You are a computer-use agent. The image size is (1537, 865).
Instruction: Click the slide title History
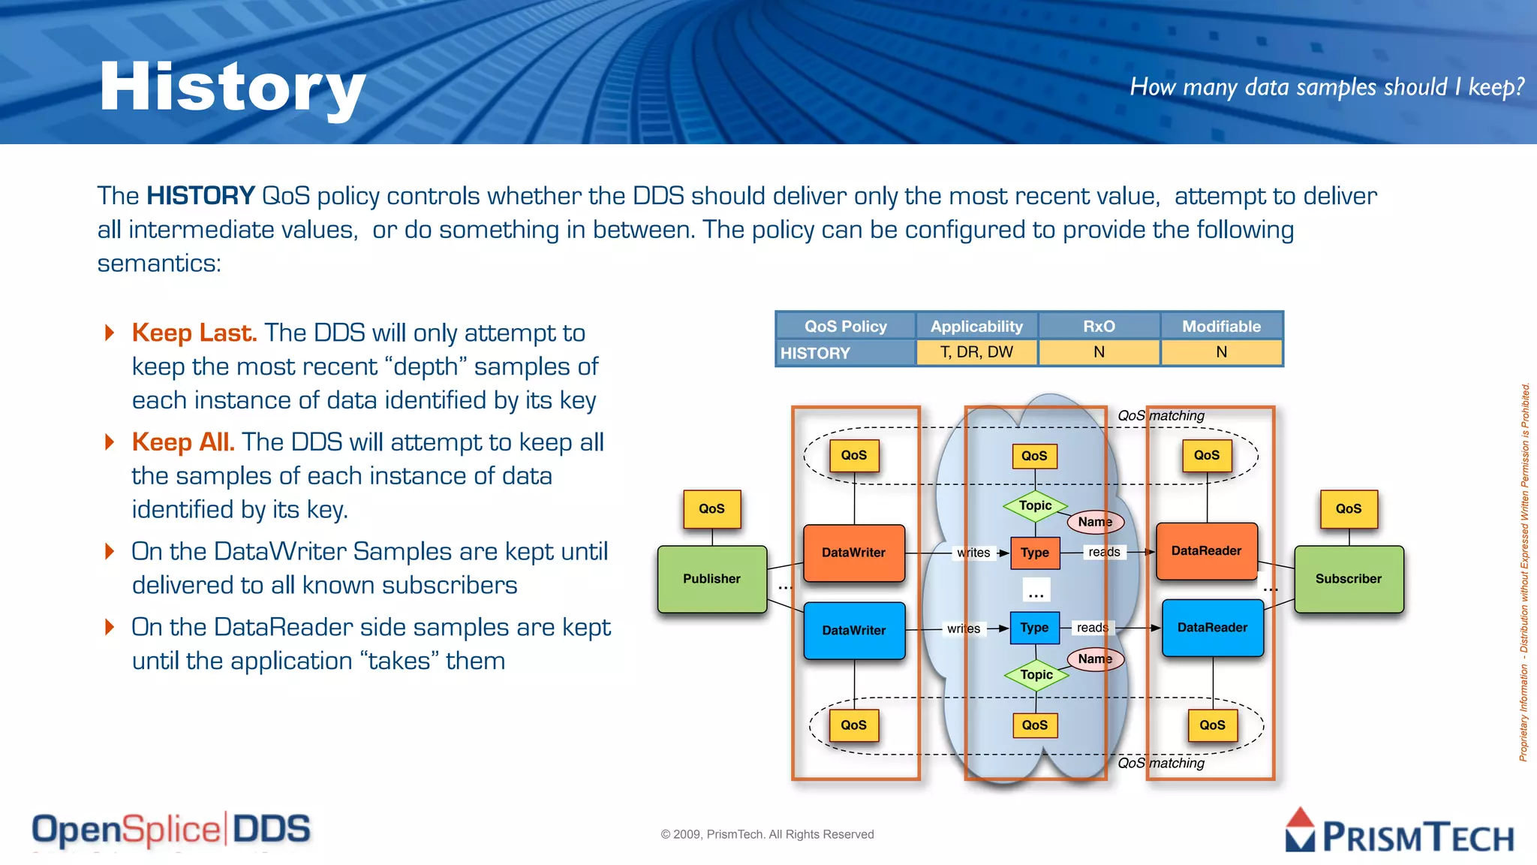point(232,88)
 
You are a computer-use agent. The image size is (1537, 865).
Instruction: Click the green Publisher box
point(711,579)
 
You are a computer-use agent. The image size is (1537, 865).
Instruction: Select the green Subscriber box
point(1348,579)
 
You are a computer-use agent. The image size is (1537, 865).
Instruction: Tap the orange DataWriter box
point(853,553)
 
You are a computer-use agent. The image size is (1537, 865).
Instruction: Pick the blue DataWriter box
point(853,631)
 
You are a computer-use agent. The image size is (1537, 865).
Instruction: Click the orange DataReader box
point(1206,551)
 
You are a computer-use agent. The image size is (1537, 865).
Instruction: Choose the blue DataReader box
point(1212,628)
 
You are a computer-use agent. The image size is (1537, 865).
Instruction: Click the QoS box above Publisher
point(711,509)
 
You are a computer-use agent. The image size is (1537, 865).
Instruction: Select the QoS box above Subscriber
point(1348,509)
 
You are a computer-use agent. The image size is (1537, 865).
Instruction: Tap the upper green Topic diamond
point(1035,506)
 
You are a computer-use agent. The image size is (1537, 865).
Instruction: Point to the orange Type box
point(1034,553)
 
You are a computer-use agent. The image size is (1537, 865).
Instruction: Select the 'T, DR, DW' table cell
point(976,352)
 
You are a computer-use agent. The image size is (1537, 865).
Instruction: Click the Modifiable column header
point(1221,327)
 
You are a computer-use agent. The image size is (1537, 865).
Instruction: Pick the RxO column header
point(1099,327)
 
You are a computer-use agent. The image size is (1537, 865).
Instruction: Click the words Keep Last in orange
point(194,333)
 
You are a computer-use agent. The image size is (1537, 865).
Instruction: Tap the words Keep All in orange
point(183,442)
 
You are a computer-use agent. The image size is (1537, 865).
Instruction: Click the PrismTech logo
point(1399,832)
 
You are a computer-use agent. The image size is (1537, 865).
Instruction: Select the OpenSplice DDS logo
point(171,830)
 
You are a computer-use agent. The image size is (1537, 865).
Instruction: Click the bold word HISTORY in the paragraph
point(200,196)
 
